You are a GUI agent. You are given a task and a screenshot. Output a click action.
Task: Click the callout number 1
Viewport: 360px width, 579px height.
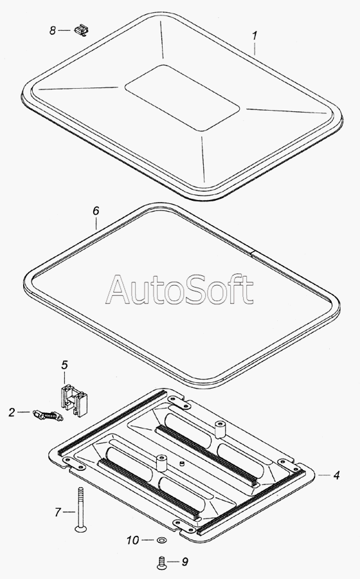coord(255,36)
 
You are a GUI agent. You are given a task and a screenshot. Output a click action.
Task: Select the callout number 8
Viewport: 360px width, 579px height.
coord(53,30)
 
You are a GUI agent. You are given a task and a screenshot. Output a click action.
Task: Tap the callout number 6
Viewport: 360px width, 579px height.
coord(96,211)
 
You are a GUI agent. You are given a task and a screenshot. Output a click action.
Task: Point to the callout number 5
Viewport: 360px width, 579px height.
coord(64,365)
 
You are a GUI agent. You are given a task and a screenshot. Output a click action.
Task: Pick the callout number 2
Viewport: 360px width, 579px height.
coord(12,412)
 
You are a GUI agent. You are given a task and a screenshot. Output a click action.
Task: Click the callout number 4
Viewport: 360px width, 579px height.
coord(336,475)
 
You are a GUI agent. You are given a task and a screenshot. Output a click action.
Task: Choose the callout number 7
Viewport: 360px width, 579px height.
coord(58,512)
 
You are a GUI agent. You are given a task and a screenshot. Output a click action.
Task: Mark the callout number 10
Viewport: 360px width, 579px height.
coord(133,540)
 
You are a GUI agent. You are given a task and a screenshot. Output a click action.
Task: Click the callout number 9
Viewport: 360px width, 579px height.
coord(184,562)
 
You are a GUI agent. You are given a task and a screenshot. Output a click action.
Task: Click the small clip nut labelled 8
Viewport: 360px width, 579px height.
coord(82,30)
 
